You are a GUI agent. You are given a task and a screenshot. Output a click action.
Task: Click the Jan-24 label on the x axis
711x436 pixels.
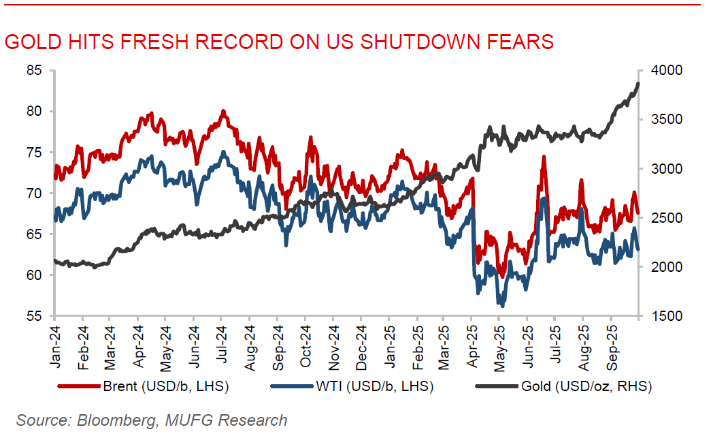pos(55,347)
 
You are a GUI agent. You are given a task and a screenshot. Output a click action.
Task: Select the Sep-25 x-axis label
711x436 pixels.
pos(610,347)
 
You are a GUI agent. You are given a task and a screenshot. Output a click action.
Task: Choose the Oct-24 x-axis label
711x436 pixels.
pos(305,347)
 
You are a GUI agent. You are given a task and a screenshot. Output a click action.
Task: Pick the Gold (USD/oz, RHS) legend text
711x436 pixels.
pos(586,387)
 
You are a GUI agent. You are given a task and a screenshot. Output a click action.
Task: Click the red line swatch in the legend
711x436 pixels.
pos(76,387)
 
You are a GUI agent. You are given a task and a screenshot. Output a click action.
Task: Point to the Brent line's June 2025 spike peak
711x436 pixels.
pos(544,157)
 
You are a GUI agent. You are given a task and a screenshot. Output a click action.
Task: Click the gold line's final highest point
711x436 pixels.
pos(638,84)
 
